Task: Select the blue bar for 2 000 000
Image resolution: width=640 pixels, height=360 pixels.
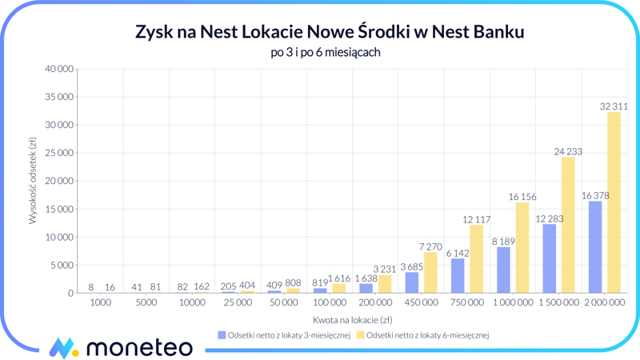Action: tap(595, 247)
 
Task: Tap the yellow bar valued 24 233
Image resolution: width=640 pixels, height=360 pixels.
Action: tap(568, 225)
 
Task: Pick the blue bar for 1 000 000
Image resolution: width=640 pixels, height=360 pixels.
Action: tap(503, 270)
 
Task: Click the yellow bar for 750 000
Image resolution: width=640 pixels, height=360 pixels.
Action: tap(476, 259)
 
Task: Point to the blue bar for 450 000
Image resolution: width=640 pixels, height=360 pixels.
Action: tap(412, 282)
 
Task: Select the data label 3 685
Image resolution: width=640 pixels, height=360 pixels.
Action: tap(411, 266)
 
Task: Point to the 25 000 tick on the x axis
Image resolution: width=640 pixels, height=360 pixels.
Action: tap(238, 304)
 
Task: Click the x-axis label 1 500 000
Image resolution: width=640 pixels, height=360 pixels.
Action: tap(558, 304)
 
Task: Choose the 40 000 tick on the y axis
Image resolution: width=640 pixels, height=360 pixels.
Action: tap(58, 69)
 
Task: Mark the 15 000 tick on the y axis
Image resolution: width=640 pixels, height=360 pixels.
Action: tap(58, 209)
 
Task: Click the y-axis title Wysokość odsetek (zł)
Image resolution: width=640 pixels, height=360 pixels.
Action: tap(33, 181)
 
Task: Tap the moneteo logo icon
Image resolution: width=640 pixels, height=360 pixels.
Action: tap(63, 348)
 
